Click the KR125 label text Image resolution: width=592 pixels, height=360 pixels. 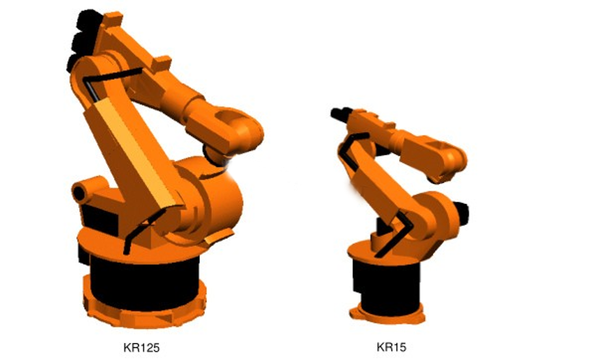click(142, 347)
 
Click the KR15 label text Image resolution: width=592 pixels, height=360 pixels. click(391, 346)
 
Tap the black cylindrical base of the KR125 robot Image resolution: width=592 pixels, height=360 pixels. click(144, 281)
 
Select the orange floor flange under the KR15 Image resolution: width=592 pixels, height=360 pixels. click(387, 314)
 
